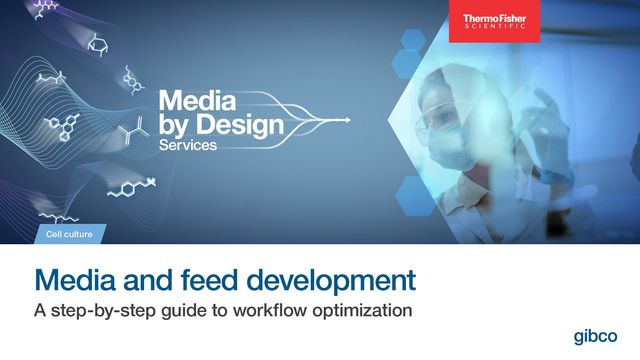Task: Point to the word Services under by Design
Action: pos(187,145)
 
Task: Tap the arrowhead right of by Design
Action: pos(347,121)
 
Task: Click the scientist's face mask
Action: pos(447,151)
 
